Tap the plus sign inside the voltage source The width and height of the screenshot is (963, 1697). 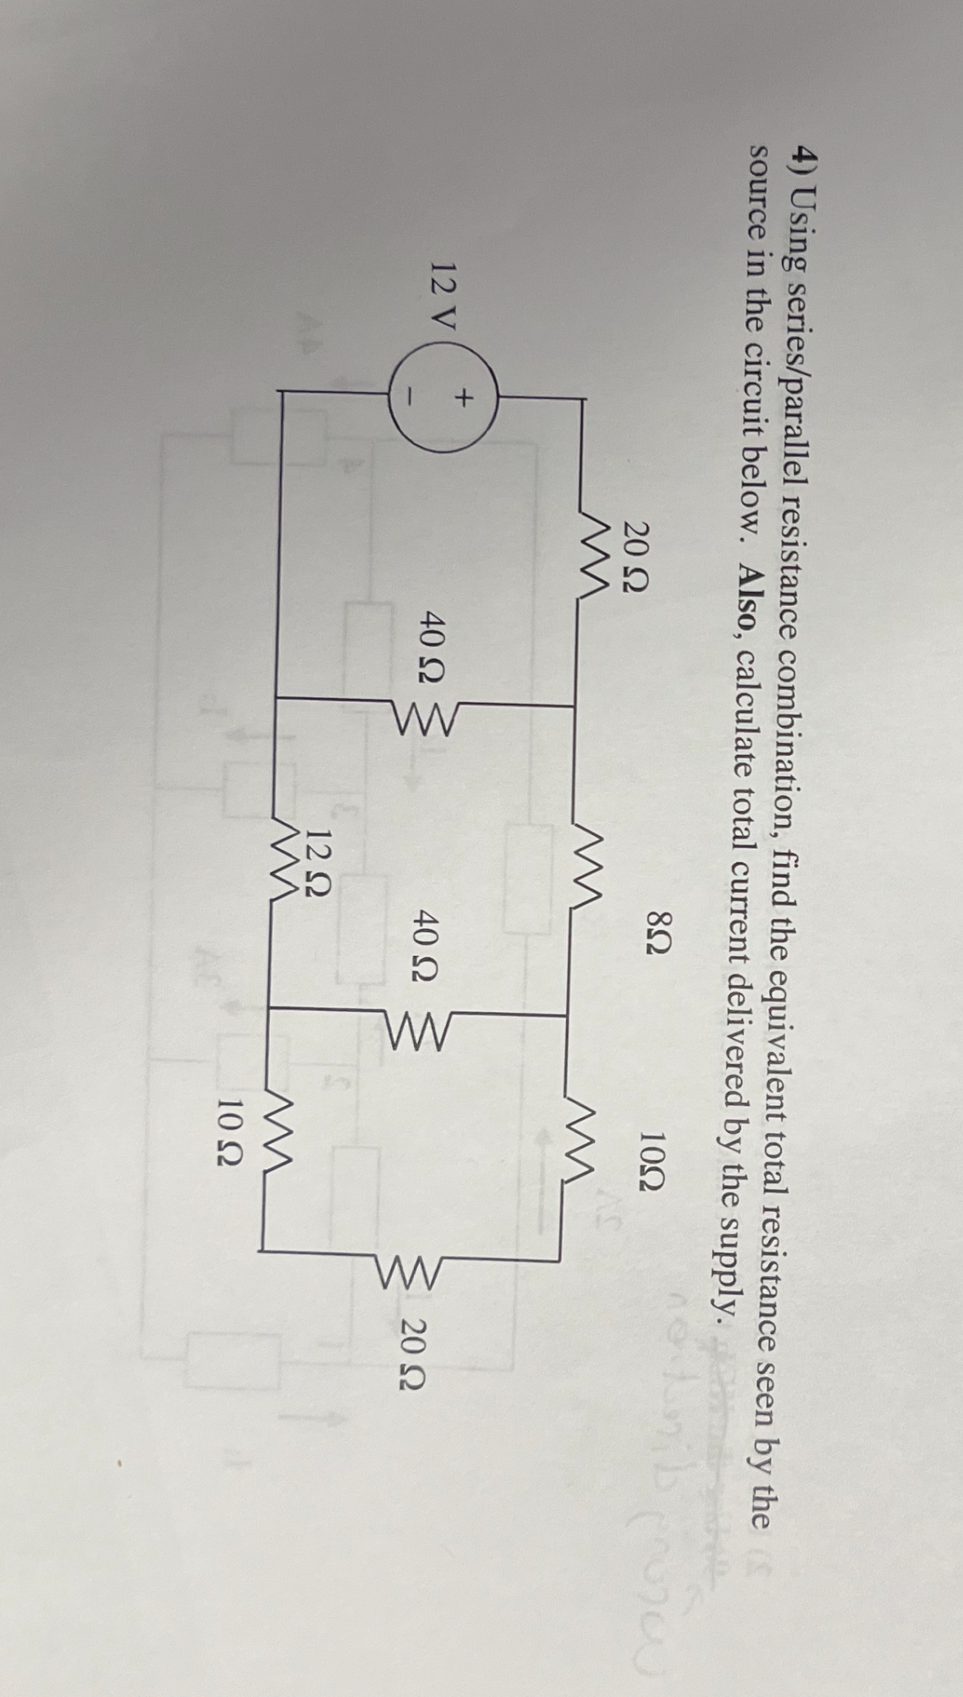tap(464, 399)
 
